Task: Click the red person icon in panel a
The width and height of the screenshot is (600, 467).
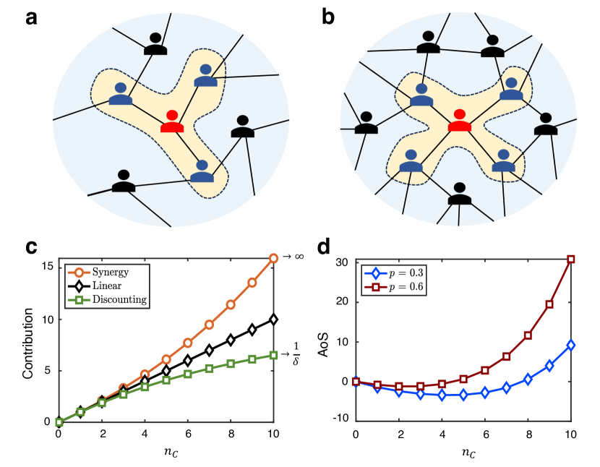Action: click(x=172, y=122)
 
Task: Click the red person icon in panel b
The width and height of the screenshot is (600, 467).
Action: click(x=459, y=121)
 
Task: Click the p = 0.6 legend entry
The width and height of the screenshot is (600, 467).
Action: click(x=395, y=287)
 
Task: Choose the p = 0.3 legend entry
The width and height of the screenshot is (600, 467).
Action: click(x=395, y=273)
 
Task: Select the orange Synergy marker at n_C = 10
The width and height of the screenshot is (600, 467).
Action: click(x=273, y=258)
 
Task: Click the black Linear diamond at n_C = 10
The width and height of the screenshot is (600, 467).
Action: click(x=273, y=319)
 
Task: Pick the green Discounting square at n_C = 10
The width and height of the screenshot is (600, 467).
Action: click(x=273, y=355)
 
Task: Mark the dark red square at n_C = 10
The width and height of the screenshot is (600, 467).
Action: click(x=571, y=260)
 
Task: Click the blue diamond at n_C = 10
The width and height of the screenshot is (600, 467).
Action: click(x=571, y=346)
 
